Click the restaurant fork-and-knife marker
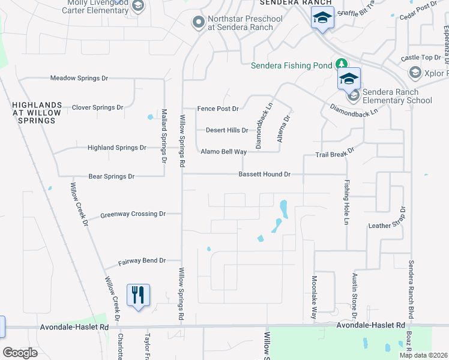139,295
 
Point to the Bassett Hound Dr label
264,174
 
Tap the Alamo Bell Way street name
223,152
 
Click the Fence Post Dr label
218,109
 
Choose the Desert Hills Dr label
226,130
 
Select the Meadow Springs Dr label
79,78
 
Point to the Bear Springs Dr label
111,176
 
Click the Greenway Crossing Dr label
132,214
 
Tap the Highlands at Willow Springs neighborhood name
34,112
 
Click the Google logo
20,353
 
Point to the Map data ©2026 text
423,355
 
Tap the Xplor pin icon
415,73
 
